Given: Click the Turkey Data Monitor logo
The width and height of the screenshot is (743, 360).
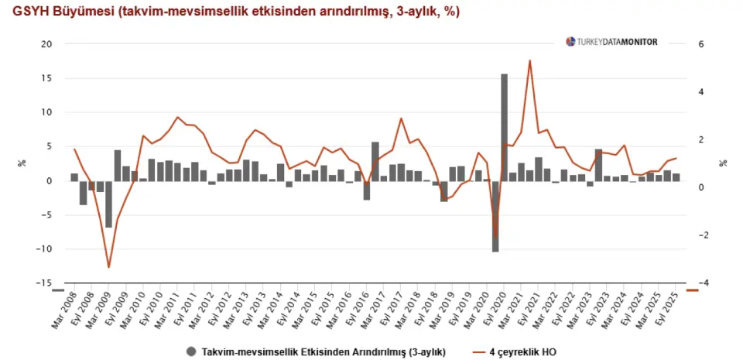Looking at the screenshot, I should tap(611, 42).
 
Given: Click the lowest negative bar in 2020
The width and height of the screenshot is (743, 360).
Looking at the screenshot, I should tap(495, 216).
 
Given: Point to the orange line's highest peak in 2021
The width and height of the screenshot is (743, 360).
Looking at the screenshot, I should tap(529, 60).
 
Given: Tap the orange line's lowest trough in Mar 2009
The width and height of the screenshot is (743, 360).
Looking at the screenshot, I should tap(109, 267).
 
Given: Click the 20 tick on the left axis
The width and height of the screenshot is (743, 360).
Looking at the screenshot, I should tap(46, 44).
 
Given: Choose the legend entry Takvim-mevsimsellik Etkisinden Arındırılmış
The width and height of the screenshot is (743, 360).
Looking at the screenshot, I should tap(323, 351).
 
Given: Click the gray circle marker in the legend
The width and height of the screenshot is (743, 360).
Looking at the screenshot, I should tap(191, 351).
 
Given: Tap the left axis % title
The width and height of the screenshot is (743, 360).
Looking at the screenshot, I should tap(21, 163).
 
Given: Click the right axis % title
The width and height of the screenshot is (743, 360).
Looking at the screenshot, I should tap(722, 163).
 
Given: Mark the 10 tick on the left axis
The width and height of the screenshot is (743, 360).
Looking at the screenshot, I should tap(46, 112).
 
